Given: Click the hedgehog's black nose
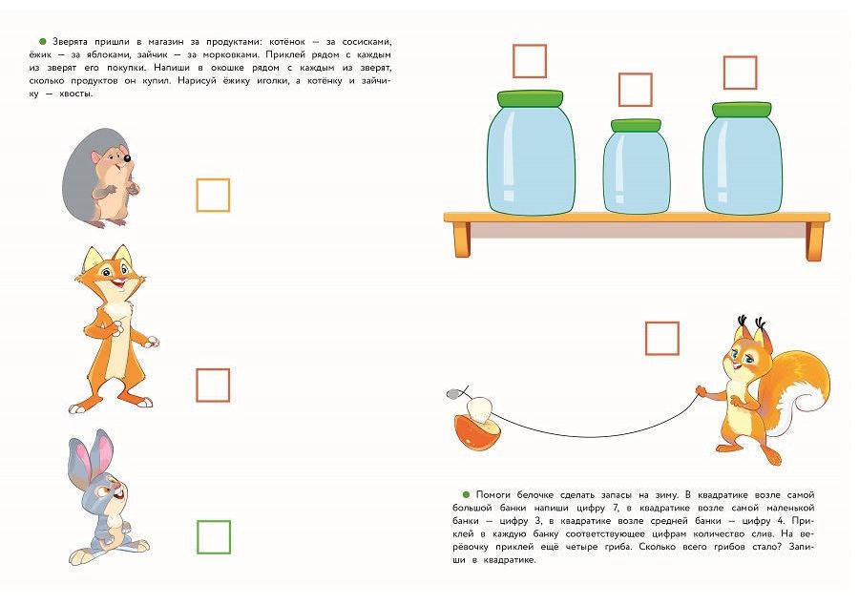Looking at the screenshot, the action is click(x=127, y=158).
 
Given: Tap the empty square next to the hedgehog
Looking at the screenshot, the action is click(x=213, y=179).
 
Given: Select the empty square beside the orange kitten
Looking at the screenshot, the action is click(x=213, y=369).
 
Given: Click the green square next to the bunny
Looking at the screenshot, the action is click(x=214, y=522).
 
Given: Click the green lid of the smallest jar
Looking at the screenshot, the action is click(x=636, y=125).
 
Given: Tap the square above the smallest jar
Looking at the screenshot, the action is click(x=636, y=74).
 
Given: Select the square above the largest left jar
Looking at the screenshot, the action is click(x=530, y=46).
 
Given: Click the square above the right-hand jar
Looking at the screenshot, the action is click(x=740, y=57).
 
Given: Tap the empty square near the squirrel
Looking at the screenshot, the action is click(x=662, y=323).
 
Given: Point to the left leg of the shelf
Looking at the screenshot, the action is click(x=462, y=240).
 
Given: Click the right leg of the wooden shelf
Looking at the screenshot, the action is click(x=815, y=240).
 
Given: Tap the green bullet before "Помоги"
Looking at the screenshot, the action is click(x=466, y=495).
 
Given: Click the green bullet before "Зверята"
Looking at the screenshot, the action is click(x=43, y=42).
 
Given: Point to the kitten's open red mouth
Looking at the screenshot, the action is click(x=116, y=283).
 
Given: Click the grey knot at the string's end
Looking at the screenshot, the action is click(x=452, y=393).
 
